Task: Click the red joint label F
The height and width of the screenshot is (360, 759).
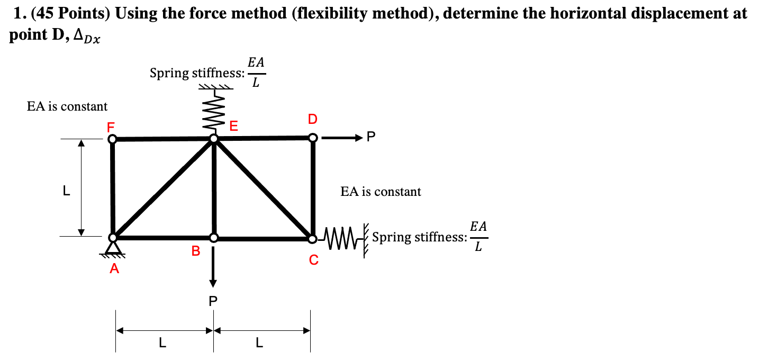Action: click(x=110, y=127)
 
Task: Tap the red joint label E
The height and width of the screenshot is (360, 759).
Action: click(x=233, y=126)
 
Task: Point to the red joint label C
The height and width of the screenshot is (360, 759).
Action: click(x=314, y=260)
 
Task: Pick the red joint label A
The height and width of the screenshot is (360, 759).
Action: click(x=114, y=269)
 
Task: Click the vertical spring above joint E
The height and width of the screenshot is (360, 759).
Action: click(x=214, y=112)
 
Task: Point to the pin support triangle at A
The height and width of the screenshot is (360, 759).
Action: click(x=113, y=248)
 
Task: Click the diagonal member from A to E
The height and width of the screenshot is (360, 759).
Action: click(x=163, y=188)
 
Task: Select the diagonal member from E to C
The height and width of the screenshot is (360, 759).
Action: click(x=263, y=188)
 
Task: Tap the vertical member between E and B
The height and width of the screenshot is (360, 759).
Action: click(x=214, y=188)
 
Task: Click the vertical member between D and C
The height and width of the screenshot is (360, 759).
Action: click(x=313, y=188)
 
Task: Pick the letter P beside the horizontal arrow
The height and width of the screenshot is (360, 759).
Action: click(x=371, y=138)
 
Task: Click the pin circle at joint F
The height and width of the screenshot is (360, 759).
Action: click(x=112, y=139)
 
